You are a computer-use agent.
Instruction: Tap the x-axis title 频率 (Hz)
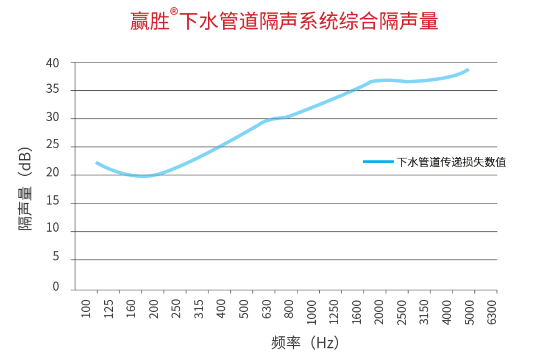tap(305, 342)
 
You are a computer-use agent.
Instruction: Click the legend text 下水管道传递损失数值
tap(451, 162)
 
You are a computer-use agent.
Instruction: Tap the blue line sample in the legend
tap(378, 161)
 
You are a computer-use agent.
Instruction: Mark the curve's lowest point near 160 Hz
tap(142, 176)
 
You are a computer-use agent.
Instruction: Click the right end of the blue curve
tap(468, 69)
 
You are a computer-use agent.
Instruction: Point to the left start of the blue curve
tap(97, 163)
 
